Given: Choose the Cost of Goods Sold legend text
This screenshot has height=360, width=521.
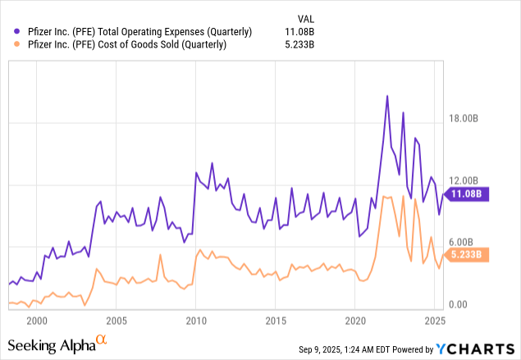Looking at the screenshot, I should pyautogui.click(x=121, y=45).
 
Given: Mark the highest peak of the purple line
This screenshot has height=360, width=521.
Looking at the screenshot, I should pyautogui.click(x=386, y=96).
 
